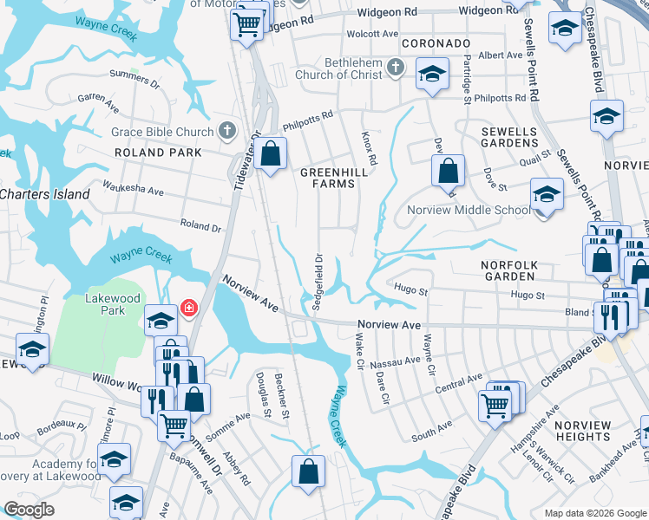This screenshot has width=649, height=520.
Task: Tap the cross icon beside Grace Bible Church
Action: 226,132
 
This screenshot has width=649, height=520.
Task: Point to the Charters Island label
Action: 43,194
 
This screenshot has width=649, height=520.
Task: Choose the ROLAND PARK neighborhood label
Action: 158,153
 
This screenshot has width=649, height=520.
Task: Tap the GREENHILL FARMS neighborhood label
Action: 328,178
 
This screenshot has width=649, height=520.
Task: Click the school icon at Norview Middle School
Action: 547,194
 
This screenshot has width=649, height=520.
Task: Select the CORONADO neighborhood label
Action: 436,43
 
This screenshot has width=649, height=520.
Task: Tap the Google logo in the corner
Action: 29,510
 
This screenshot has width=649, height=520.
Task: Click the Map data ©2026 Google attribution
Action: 594,513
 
